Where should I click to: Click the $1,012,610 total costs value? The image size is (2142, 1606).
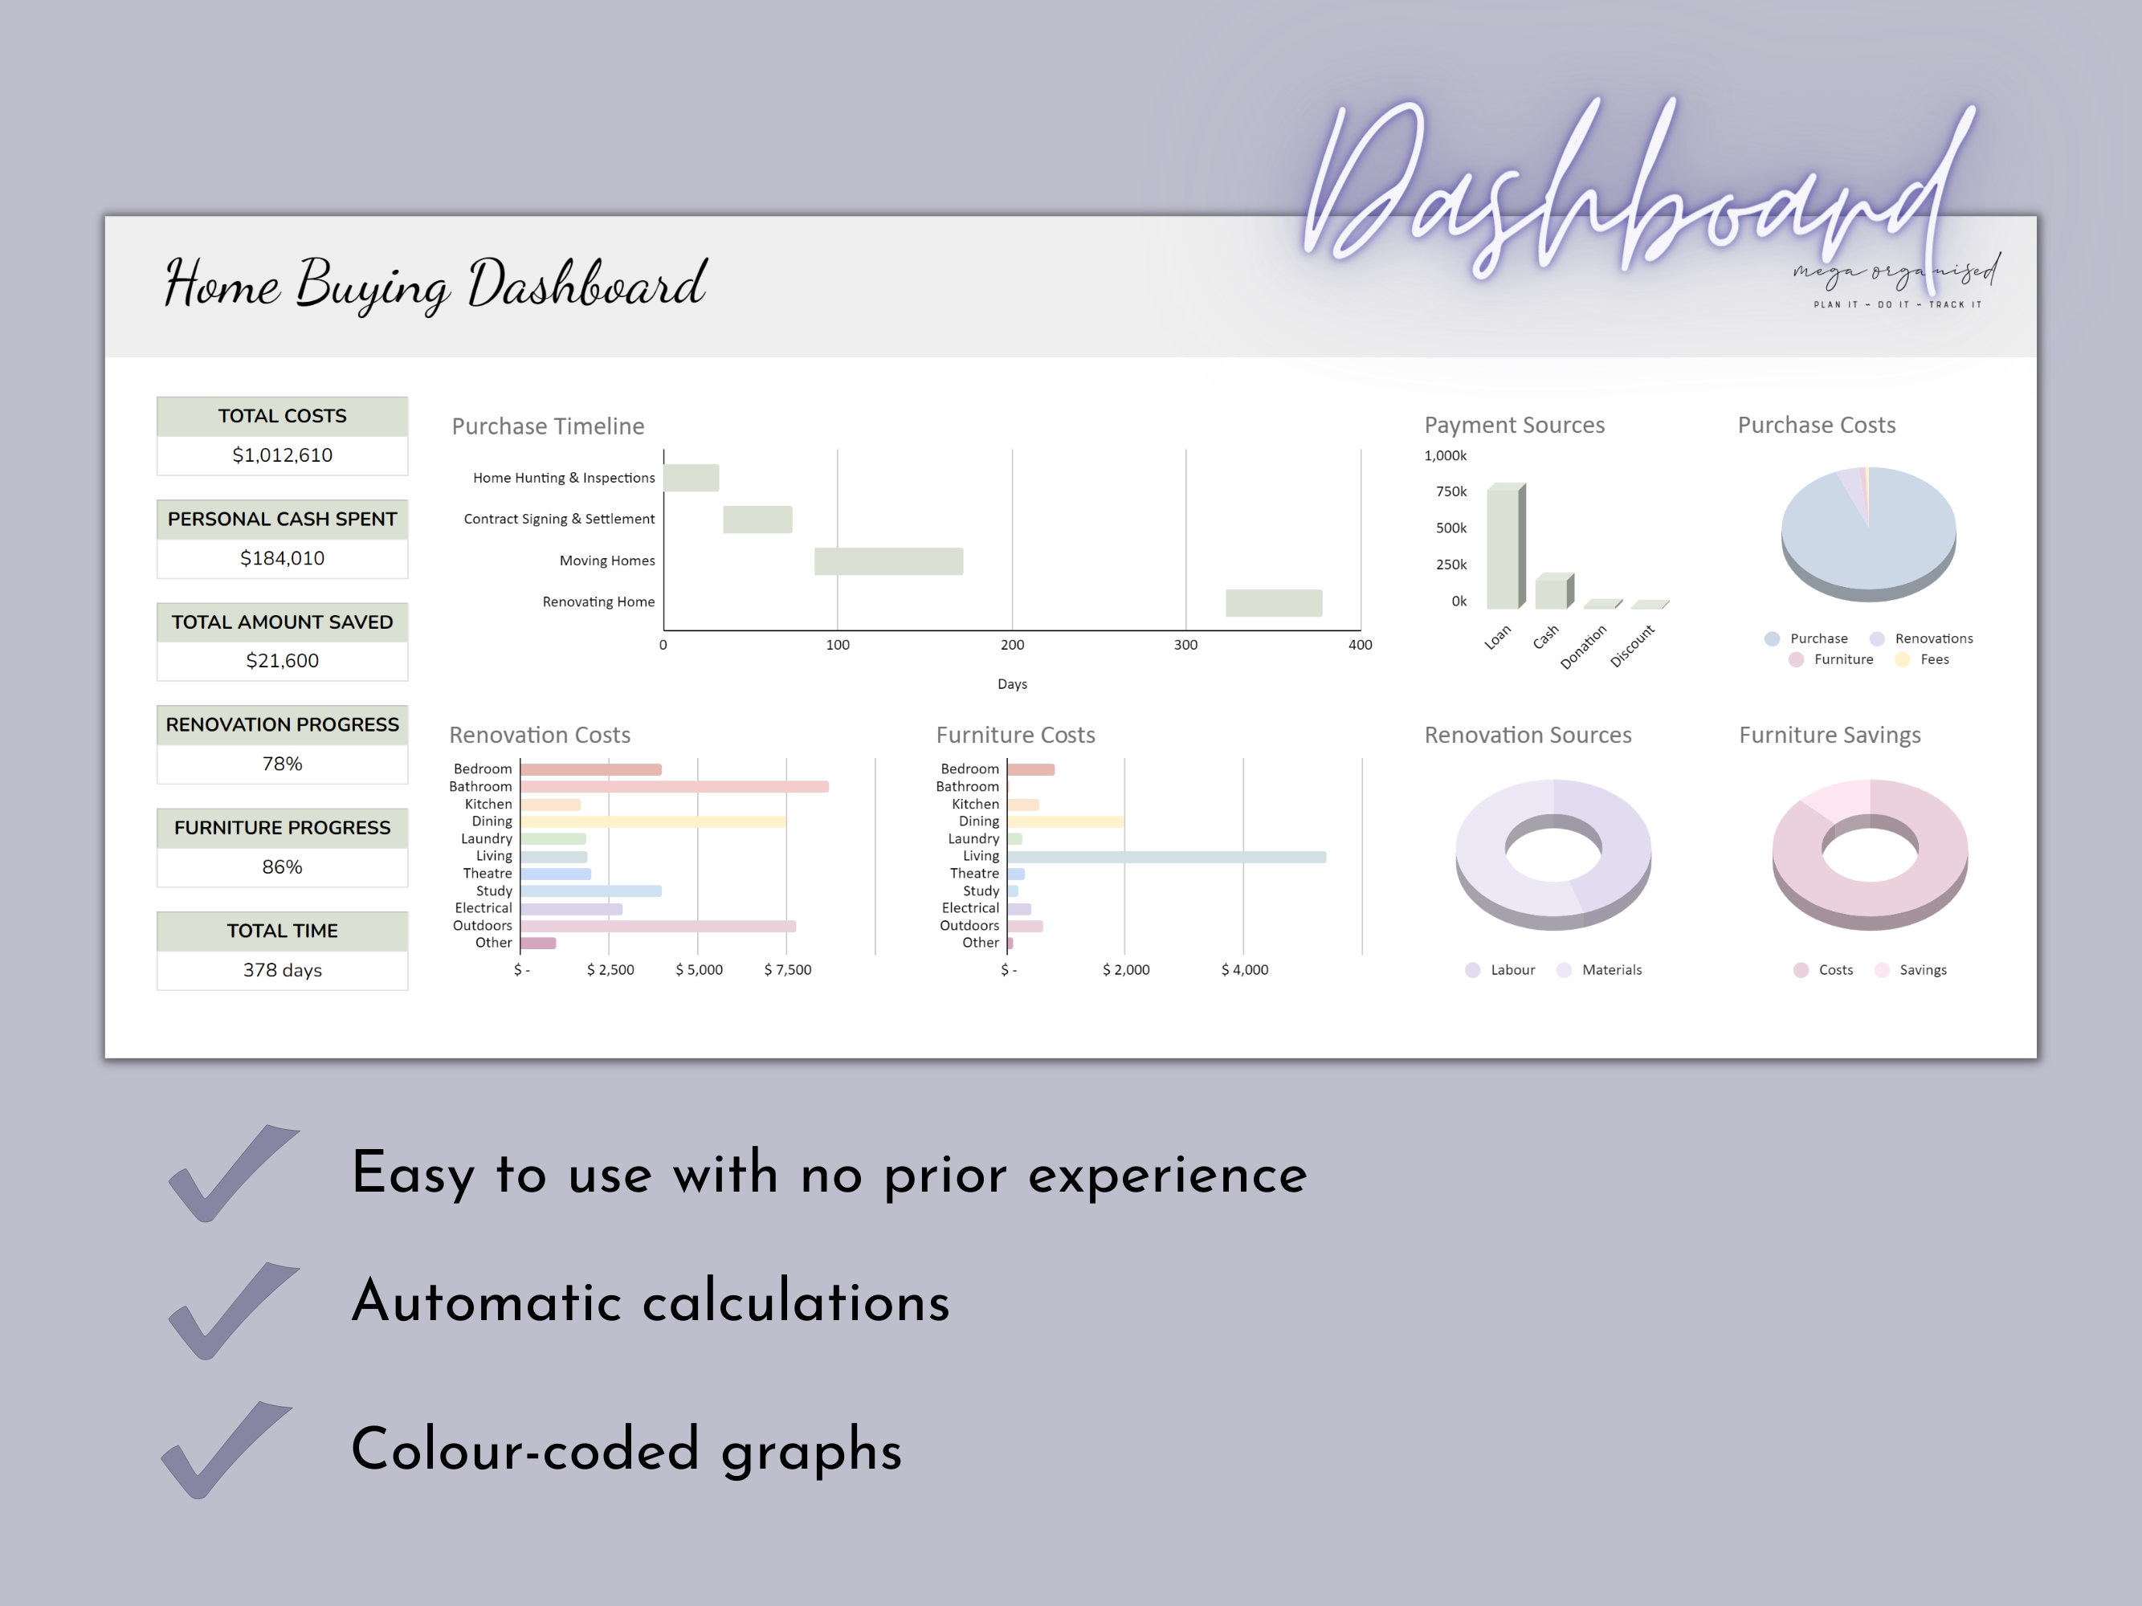pos(282,455)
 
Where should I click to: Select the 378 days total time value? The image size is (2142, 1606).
pos(282,970)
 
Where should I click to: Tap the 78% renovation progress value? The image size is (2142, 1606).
pos(282,764)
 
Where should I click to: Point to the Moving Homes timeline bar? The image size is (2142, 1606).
pos(888,561)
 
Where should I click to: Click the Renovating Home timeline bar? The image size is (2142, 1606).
pos(1273,603)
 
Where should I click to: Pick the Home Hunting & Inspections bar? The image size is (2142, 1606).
pos(692,479)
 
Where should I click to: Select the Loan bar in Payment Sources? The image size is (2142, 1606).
pos(1506,546)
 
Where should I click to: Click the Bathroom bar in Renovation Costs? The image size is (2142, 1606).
pos(674,787)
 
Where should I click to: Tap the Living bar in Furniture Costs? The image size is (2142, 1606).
pos(1167,857)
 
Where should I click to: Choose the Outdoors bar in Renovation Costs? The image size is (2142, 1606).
pos(659,927)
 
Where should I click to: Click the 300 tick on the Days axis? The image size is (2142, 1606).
pos(1185,645)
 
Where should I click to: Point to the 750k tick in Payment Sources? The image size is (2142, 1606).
pos(1450,491)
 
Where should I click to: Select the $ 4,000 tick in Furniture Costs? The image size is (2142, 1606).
pos(1244,970)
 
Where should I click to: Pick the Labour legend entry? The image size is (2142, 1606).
pos(1500,970)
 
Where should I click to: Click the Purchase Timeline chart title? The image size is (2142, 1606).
pos(548,426)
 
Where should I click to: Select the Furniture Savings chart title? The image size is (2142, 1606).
pos(1830,736)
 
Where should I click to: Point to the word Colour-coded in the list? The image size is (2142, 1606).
pos(524,1449)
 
